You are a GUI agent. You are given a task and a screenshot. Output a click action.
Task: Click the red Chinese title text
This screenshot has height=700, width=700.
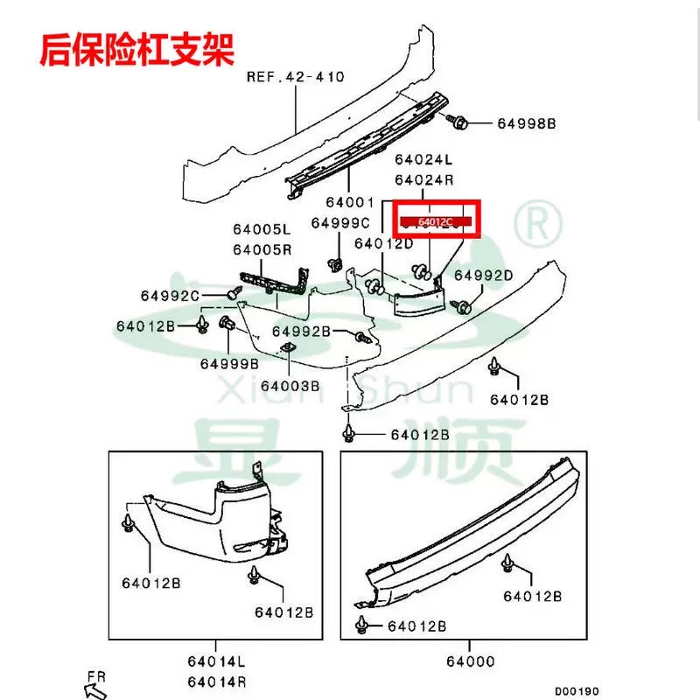[x=136, y=50]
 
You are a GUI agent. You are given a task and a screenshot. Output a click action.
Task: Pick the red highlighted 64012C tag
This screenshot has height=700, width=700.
[x=436, y=222]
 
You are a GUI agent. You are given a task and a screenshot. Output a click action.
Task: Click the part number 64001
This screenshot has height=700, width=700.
[x=360, y=203]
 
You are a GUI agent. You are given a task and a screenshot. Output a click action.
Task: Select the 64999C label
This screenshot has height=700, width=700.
[x=340, y=223]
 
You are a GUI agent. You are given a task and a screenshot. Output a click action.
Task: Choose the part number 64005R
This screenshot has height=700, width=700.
[x=261, y=249]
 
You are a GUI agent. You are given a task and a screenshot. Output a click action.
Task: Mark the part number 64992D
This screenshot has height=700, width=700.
[x=483, y=276]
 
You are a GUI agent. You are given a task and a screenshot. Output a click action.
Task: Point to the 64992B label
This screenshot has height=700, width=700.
[x=300, y=331]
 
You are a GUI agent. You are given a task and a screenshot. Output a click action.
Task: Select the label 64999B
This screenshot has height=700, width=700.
[x=229, y=363]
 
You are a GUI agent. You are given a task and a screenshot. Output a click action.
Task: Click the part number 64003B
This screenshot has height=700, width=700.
[x=290, y=385]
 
